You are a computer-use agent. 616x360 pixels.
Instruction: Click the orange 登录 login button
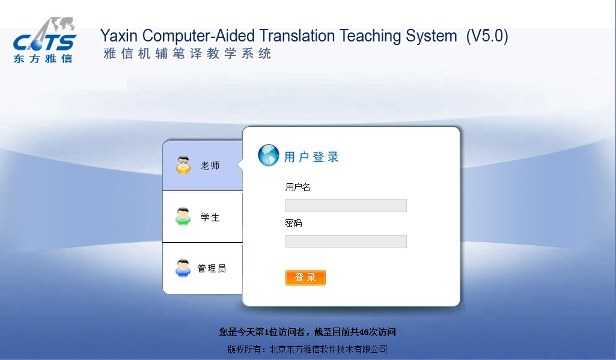point(305,278)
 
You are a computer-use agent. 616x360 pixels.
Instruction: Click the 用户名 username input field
point(346,206)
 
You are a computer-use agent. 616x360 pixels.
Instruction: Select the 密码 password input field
point(346,242)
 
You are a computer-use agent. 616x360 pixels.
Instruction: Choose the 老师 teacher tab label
point(210,166)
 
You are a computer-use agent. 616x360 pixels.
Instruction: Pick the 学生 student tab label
point(210,218)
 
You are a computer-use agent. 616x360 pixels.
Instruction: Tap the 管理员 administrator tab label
point(212,269)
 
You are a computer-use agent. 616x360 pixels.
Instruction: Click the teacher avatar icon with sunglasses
point(183,165)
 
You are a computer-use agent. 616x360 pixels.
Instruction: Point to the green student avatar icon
point(183,216)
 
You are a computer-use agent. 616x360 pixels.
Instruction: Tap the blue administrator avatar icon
point(183,268)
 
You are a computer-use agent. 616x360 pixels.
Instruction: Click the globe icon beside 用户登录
point(269,155)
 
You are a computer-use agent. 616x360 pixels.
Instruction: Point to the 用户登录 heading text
point(311,157)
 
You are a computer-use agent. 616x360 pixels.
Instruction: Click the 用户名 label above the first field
point(298,187)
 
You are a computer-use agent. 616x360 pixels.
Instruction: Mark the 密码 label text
point(293,223)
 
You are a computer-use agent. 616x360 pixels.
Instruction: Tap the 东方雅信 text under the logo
point(43,59)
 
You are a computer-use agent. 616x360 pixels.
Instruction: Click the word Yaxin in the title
point(119,36)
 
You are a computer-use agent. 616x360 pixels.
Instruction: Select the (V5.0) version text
point(487,36)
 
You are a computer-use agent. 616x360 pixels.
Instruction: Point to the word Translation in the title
point(297,36)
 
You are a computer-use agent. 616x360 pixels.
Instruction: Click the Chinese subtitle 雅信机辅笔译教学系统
point(188,53)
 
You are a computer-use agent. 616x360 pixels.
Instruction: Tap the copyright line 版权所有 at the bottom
point(307,349)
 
